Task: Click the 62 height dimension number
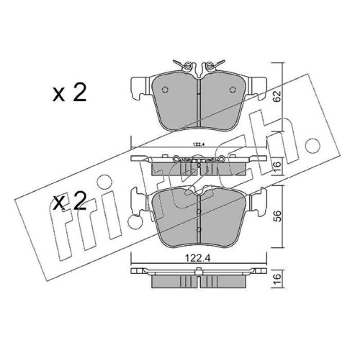(278, 96)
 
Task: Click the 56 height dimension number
(278, 216)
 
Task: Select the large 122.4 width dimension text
(198, 259)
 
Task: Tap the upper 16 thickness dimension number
(278, 165)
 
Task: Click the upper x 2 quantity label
(70, 93)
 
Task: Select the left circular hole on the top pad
(165, 90)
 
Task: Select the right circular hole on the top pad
(233, 90)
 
